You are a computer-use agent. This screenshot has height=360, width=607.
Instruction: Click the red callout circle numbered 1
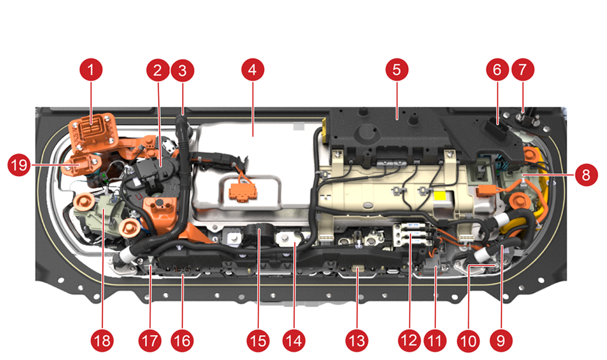91,70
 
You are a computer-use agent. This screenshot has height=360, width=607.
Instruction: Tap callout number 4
253,70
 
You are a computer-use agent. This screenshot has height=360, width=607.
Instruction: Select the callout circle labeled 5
397,70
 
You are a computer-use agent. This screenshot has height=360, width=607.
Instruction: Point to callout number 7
523,70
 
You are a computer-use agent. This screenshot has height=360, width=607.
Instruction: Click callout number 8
586,175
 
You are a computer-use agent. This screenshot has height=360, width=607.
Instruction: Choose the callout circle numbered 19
19,165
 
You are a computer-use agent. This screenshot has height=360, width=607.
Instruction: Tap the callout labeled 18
102,341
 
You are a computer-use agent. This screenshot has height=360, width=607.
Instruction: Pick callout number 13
357,341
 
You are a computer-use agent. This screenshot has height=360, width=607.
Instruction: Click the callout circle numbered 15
258,341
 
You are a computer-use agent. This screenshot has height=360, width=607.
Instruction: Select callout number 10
468,341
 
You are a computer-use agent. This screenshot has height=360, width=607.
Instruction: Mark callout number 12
409,341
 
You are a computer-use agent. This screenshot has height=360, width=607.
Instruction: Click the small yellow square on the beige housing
440,196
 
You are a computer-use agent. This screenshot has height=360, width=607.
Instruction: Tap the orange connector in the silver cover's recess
242,192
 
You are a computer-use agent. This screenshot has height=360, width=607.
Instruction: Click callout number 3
182,70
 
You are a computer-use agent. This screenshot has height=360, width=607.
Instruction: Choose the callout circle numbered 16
182,341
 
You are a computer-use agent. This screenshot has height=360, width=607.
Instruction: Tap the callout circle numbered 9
501,341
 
